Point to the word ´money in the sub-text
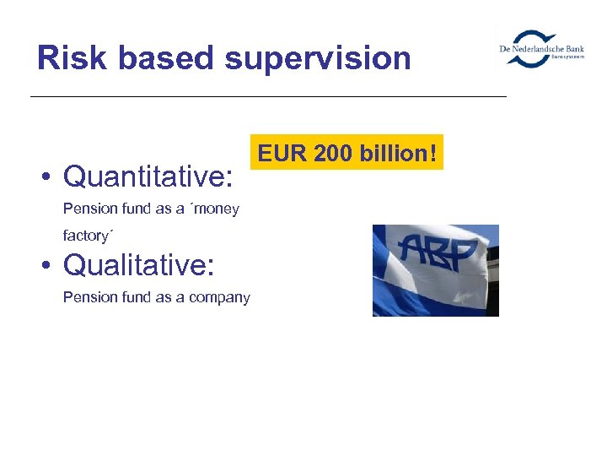click(x=208, y=209)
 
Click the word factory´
click(x=87, y=236)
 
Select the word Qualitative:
click(x=139, y=265)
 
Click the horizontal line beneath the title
click(x=268, y=97)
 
